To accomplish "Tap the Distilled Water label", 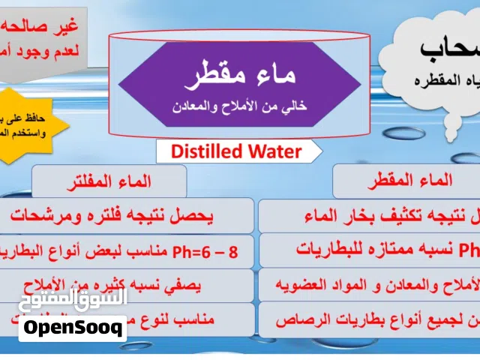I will (236, 151).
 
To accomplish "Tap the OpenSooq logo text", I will (72, 328).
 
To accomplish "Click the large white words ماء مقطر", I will (240, 76).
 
